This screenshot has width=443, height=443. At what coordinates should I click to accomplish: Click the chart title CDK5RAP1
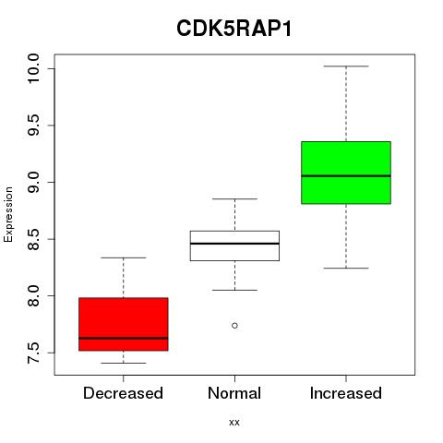point(234,29)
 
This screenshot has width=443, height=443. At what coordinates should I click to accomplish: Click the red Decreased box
point(124,324)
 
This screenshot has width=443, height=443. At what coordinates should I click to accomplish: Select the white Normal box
point(234,245)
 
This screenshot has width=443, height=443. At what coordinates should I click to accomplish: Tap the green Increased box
point(346,173)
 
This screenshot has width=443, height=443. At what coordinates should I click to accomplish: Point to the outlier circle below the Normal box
point(234,326)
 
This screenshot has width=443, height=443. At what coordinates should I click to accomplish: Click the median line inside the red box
point(124,338)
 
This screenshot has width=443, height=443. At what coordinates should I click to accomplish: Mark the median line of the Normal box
point(234,244)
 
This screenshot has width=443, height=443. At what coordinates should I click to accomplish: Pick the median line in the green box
point(346,176)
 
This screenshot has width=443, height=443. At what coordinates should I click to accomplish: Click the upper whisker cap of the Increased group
point(346,66)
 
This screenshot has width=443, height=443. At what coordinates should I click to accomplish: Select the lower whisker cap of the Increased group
point(346,268)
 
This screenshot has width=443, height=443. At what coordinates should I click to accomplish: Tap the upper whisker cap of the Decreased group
point(124,257)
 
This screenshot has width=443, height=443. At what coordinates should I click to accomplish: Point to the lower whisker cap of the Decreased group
point(124,363)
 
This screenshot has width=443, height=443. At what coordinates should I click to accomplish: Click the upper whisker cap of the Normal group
point(234,198)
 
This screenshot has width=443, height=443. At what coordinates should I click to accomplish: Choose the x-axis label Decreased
point(123,393)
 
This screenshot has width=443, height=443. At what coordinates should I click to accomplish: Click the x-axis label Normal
point(234,393)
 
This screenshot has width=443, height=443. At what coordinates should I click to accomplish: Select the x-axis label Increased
point(346,393)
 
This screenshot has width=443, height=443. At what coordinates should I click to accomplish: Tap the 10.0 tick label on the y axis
point(33,68)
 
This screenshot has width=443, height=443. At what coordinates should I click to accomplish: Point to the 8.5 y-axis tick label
point(33,239)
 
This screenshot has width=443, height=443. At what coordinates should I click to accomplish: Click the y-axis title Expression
point(8,214)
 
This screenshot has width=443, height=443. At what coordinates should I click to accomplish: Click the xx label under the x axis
point(234,423)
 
